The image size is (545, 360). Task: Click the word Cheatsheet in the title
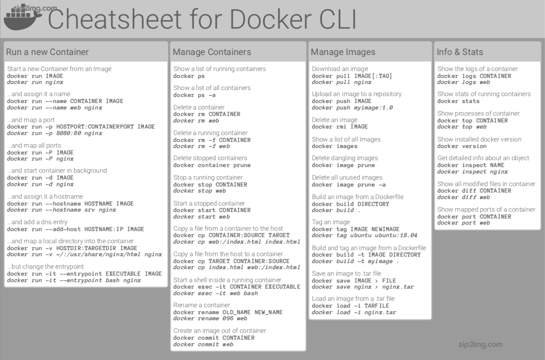115,19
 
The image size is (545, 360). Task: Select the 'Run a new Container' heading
47,52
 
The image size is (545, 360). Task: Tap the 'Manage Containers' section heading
212,52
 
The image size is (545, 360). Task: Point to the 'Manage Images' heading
343,52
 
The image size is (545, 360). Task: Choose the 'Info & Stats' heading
460,52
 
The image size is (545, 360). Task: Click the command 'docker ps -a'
194,95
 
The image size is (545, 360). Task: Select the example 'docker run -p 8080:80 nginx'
55,133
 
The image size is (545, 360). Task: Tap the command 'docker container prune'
212,165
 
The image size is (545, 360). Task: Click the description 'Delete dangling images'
345,158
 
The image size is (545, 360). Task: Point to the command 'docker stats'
458,101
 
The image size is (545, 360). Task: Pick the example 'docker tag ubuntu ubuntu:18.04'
364,235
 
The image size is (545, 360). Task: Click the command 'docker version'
462,146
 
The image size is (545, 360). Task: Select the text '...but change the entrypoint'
45,267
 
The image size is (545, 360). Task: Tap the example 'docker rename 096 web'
210,318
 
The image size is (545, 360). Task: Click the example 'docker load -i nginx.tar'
354,312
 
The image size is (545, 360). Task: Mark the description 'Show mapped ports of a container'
486,209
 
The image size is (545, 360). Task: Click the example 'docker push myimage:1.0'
352,108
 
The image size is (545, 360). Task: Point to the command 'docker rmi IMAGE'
340,127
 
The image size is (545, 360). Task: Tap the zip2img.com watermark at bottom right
481,344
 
